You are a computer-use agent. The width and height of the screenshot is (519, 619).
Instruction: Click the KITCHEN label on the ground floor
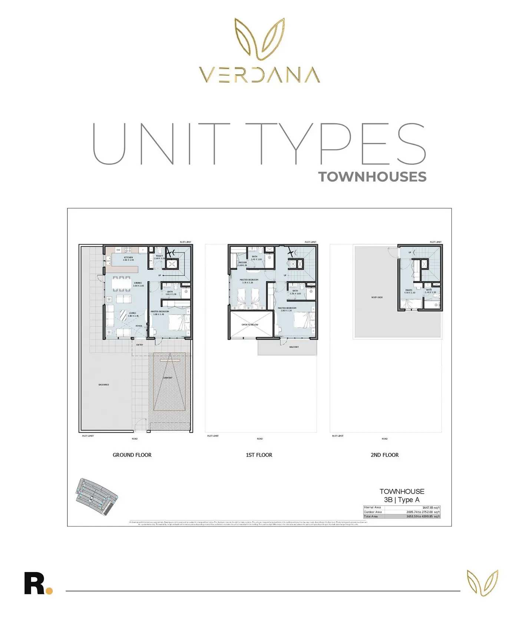pyautogui.click(x=128, y=257)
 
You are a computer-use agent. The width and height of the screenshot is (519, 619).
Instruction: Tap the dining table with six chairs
pyautogui.click(x=120, y=284)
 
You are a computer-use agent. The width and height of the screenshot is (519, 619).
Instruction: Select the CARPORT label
pyautogui.click(x=168, y=378)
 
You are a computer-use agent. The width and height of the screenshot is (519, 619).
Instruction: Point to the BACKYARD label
pyautogui.click(x=104, y=385)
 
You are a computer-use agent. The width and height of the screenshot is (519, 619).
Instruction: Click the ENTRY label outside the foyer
pyautogui.click(x=139, y=345)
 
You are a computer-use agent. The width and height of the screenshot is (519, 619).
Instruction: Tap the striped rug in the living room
pyautogui.click(x=123, y=315)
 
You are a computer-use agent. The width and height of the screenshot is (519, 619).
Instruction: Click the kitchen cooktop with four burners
pyautogui.click(x=128, y=250)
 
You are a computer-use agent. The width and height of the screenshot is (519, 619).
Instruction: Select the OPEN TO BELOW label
pyautogui.click(x=250, y=325)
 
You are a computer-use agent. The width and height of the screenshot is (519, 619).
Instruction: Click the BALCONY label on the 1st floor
pyautogui.click(x=294, y=347)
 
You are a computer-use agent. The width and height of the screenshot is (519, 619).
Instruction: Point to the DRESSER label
pyautogui.click(x=242, y=263)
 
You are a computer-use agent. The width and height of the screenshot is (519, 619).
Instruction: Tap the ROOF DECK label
pyautogui.click(x=377, y=297)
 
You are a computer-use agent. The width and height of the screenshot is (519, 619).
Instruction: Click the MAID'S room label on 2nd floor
pyautogui.click(x=409, y=290)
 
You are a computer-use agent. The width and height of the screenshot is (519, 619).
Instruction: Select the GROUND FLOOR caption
pyautogui.click(x=132, y=455)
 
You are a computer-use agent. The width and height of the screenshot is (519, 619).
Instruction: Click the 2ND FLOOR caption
pyautogui.click(x=384, y=455)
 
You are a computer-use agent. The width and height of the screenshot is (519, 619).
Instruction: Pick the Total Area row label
pyautogui.click(x=371, y=516)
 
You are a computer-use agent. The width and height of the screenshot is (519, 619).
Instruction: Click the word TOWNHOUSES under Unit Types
pyautogui.click(x=372, y=177)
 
